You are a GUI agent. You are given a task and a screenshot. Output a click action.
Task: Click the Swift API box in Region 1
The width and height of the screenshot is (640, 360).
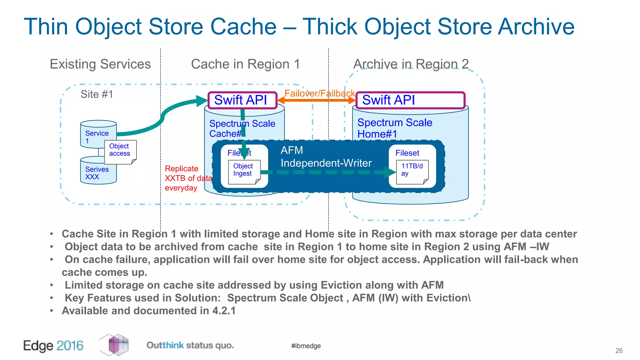click(x=242, y=100)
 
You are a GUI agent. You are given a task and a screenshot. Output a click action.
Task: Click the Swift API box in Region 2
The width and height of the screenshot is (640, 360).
click(x=410, y=100)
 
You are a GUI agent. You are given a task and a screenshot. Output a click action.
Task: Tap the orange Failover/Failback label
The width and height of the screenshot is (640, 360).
click(x=319, y=93)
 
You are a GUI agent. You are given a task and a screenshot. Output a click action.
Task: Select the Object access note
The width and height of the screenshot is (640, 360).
click(x=120, y=151)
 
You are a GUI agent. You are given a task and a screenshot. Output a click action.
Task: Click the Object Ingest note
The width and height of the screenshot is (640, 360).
click(x=243, y=171)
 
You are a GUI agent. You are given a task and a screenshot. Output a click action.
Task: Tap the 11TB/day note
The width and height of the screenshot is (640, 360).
click(x=412, y=171)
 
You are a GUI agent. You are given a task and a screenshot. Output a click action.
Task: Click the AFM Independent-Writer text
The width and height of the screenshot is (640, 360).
click(x=326, y=157)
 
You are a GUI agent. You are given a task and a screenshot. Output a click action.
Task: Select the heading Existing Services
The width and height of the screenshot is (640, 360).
click(x=100, y=64)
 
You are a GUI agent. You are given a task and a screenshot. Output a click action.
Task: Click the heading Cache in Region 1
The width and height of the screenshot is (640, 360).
click(x=245, y=64)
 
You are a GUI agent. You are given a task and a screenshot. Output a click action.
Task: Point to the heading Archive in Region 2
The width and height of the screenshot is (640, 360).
click(x=411, y=64)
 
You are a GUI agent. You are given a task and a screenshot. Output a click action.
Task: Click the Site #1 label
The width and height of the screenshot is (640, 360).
click(x=97, y=94)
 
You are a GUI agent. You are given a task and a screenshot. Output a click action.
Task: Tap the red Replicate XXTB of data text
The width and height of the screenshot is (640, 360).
click(x=187, y=178)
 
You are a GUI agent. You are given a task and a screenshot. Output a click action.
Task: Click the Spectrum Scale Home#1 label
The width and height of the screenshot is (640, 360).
click(x=394, y=128)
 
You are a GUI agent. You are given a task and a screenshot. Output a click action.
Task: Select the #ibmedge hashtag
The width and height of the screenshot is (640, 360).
click(x=306, y=346)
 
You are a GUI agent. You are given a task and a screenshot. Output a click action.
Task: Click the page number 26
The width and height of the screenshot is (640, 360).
click(x=619, y=351)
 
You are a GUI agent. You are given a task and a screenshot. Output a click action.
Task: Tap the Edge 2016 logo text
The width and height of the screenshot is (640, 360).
click(x=53, y=346)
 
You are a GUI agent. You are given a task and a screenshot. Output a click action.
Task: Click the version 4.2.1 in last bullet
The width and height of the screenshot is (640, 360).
click(x=224, y=311)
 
